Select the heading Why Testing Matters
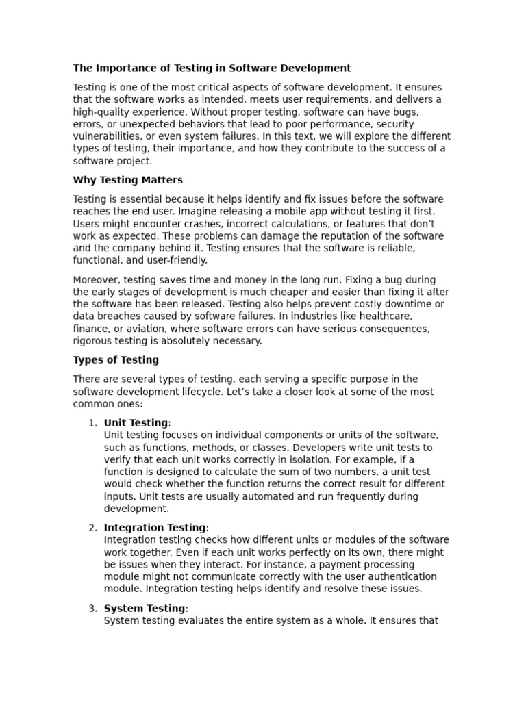(127, 181)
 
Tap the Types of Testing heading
(116, 360)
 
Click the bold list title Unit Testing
(136, 423)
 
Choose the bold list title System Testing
(145, 609)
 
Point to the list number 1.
(92, 423)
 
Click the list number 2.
(92, 528)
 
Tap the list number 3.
(92, 609)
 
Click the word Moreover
(97, 280)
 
